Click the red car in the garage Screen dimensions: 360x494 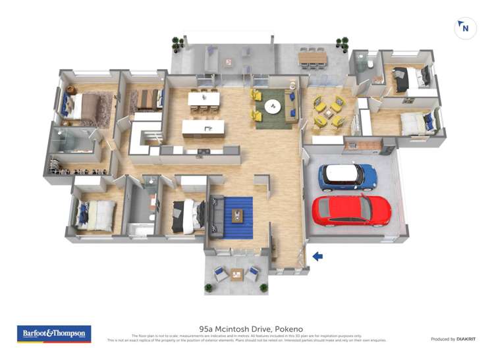(x=351, y=209)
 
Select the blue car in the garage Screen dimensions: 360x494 (x=347, y=176)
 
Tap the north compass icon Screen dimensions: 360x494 (x=466, y=28)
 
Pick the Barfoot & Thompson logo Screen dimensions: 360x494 (x=54, y=334)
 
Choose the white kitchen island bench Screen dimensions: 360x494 (x=203, y=127)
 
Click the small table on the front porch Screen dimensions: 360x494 (x=237, y=274)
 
